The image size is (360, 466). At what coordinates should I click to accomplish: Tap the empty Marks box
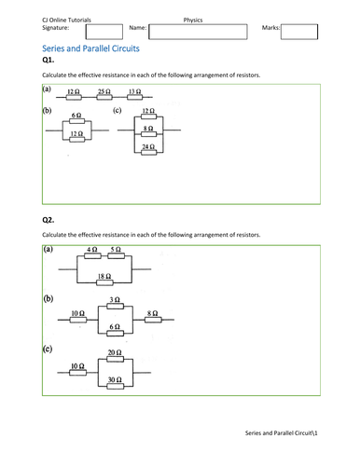(x=299, y=33)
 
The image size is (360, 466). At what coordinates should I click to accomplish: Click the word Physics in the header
(x=193, y=18)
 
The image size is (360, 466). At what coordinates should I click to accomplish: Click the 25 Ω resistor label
(x=103, y=92)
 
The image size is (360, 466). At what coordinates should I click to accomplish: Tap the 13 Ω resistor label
(x=134, y=92)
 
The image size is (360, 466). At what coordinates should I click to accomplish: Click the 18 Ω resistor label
(x=104, y=277)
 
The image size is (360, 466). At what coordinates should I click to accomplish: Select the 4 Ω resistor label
(x=91, y=251)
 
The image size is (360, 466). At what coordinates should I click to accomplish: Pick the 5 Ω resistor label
(x=115, y=251)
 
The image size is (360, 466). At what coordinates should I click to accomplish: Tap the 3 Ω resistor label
(x=115, y=300)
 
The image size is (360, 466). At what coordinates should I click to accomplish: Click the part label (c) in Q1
(x=117, y=111)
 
